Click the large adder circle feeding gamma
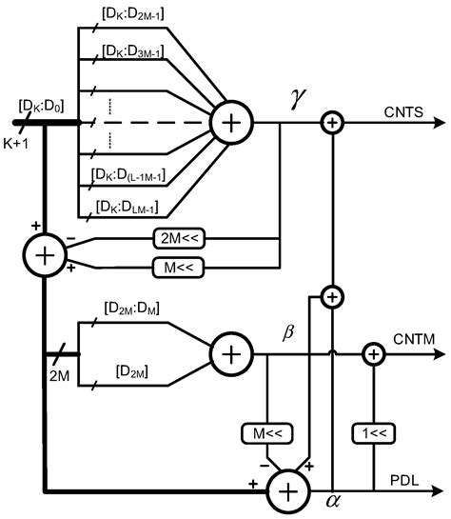coord(228,123)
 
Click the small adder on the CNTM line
coord(372,354)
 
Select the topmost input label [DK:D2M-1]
coord(136,16)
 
